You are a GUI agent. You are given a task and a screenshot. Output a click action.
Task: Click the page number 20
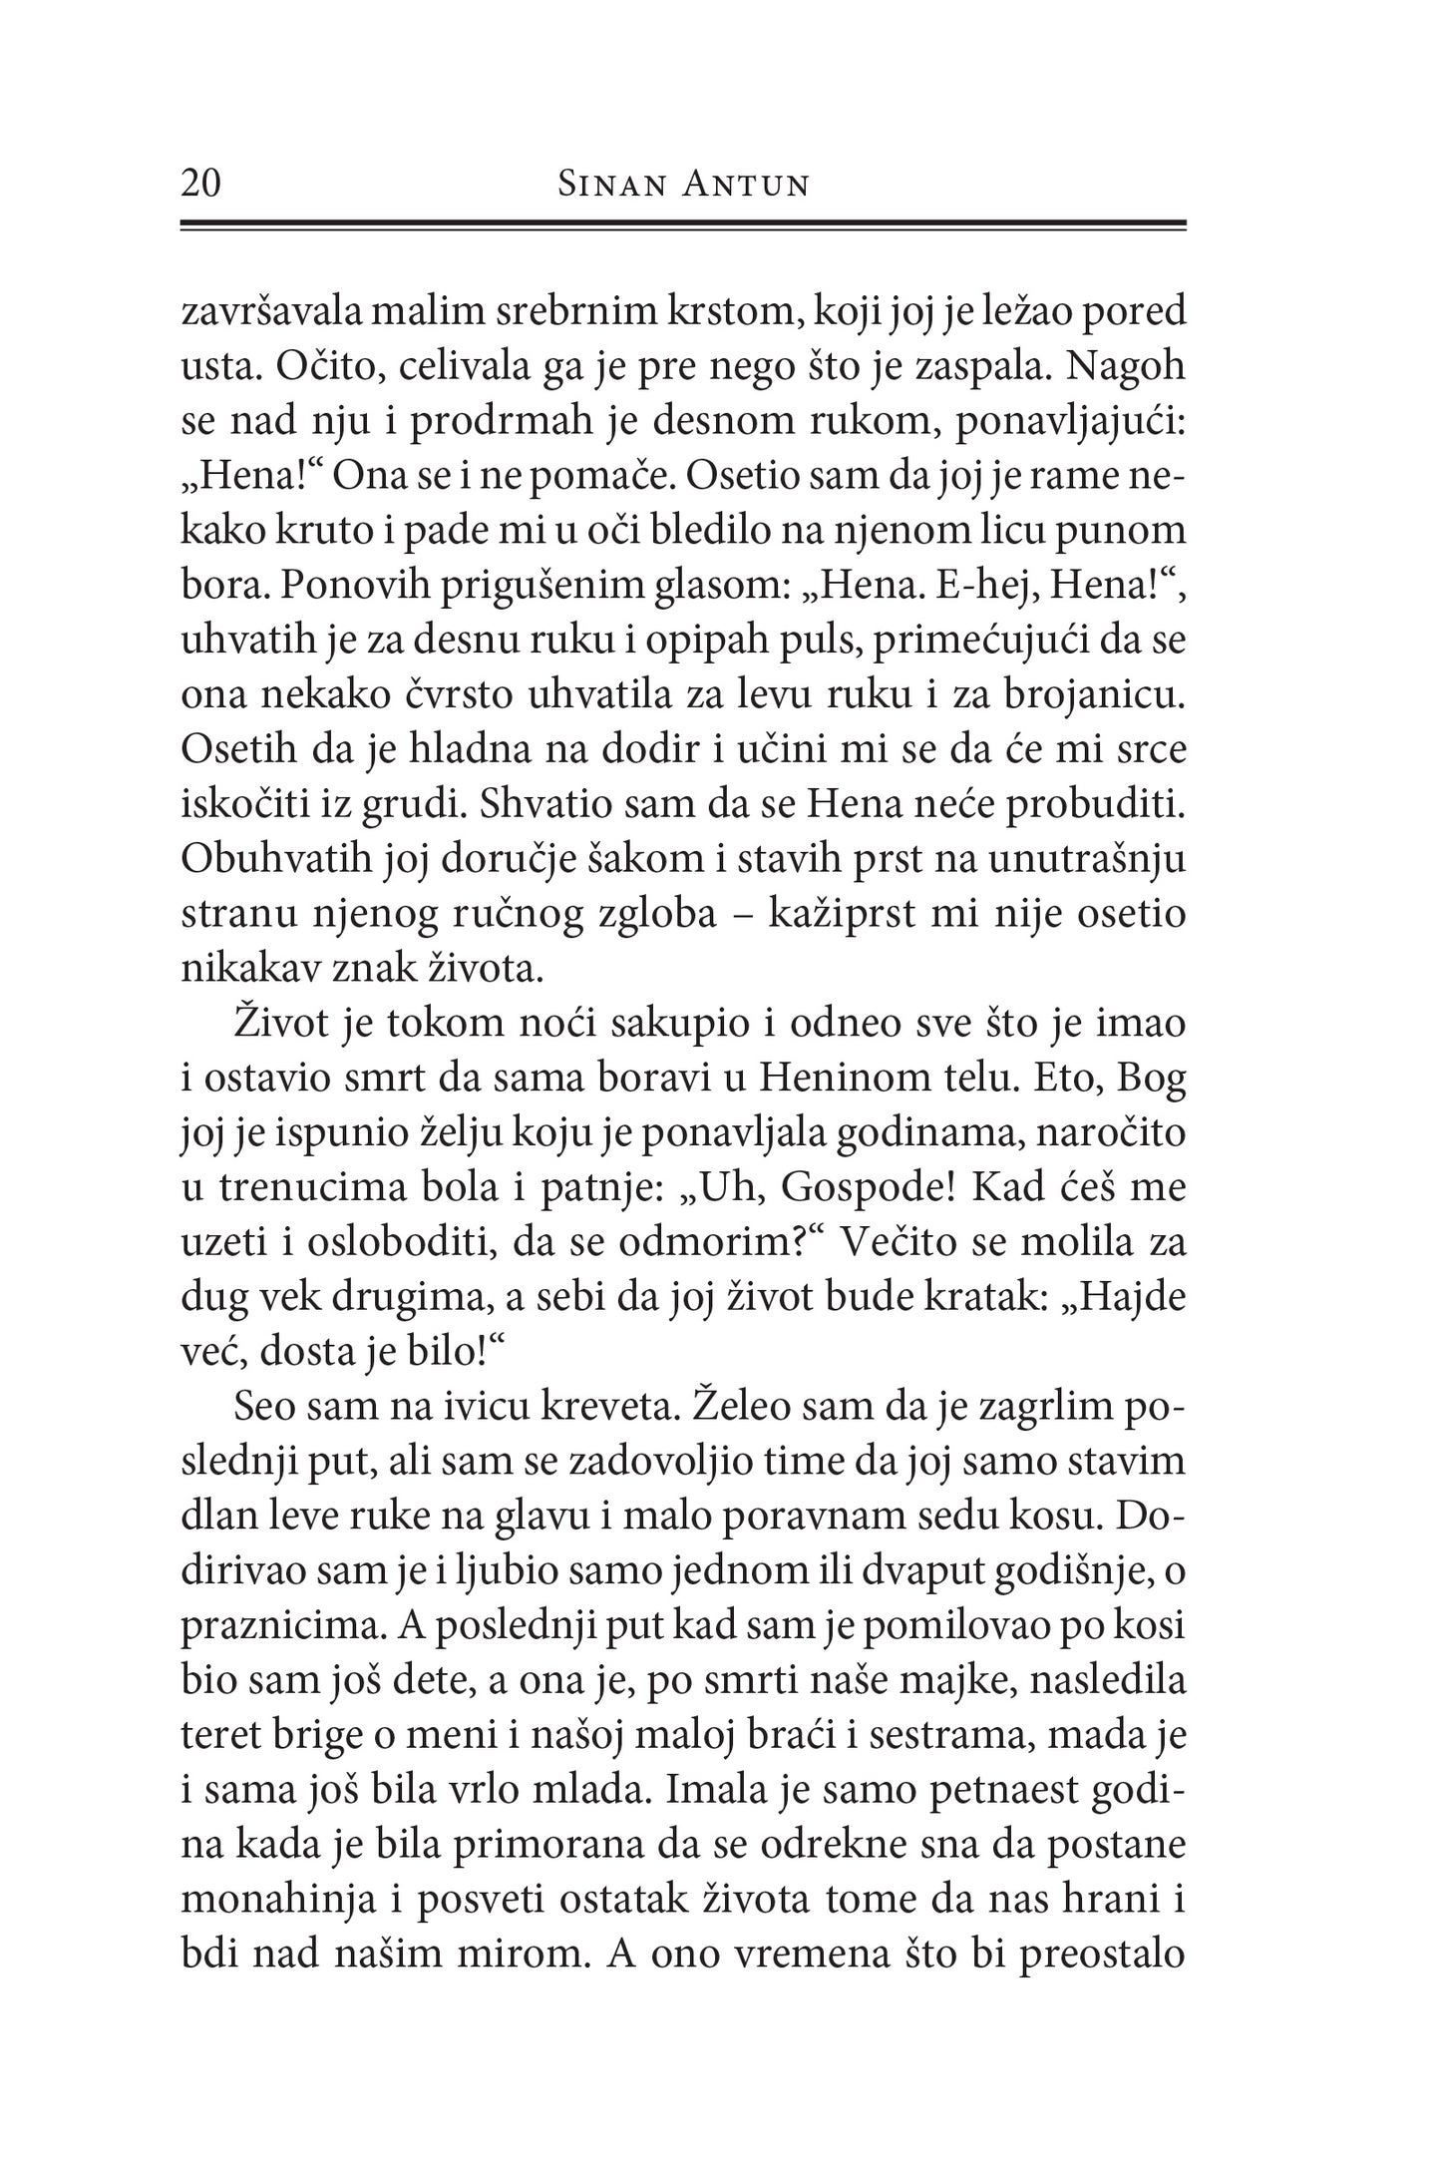pos(201,185)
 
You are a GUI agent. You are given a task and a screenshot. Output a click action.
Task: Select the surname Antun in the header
pos(745,186)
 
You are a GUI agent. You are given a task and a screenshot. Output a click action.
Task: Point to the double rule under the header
pos(683,226)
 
